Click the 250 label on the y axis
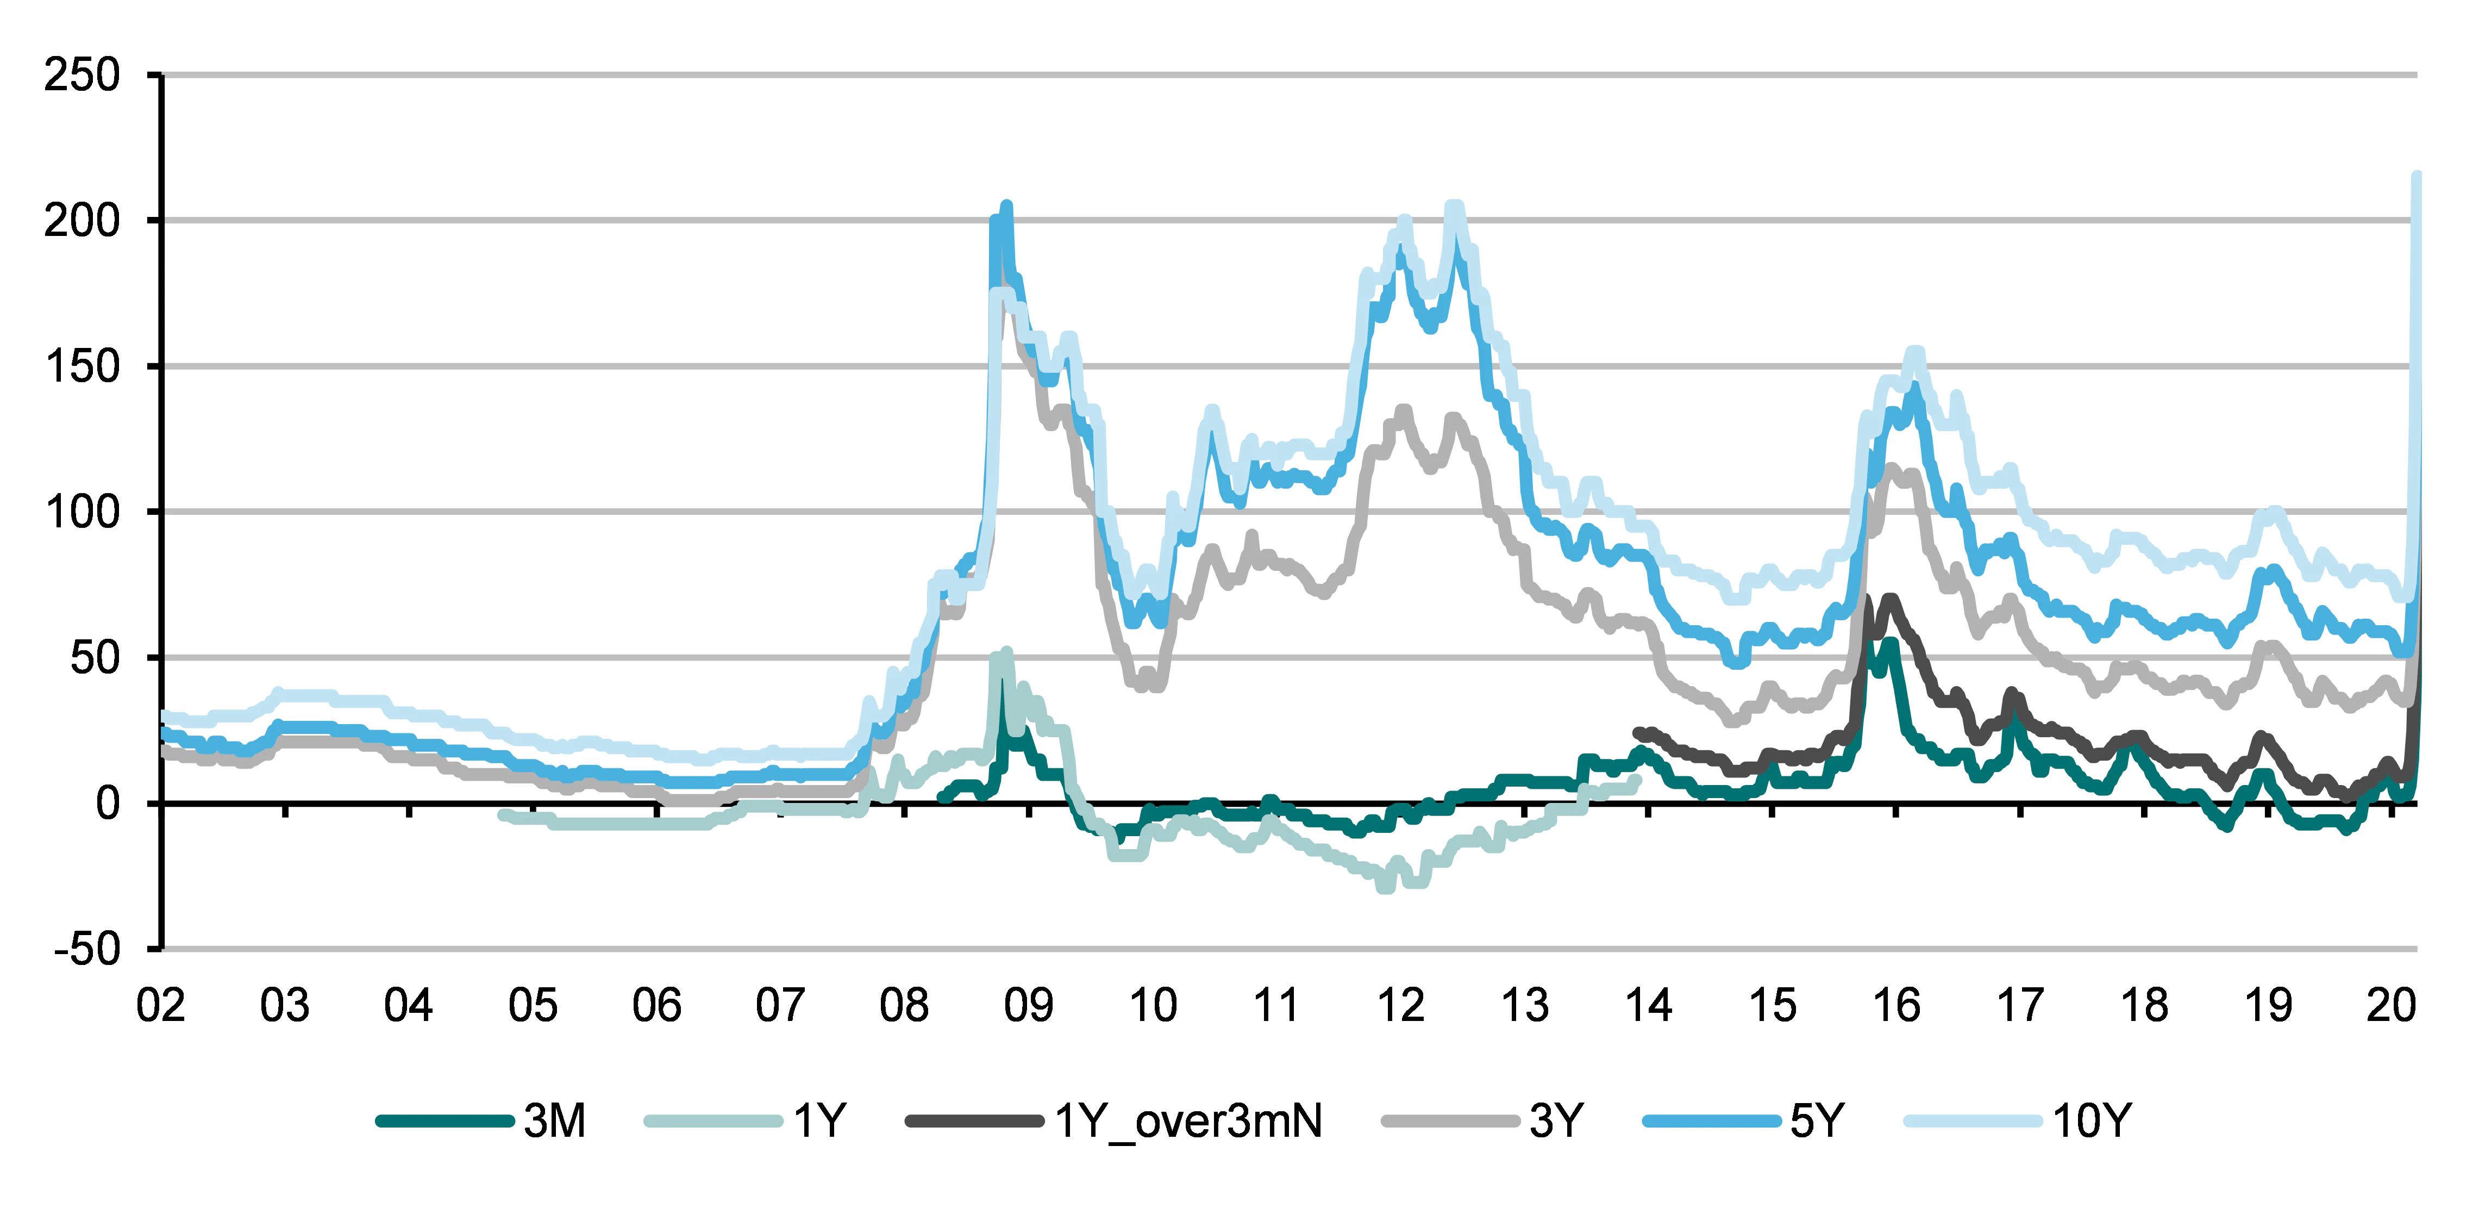(x=82, y=76)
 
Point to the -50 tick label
(x=87, y=949)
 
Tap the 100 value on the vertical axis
(x=82, y=512)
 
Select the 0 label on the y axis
(x=108, y=804)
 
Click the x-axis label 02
(x=160, y=1006)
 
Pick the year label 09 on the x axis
(x=1028, y=1006)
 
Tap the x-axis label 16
(x=1895, y=1006)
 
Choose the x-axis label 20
(x=2390, y=1006)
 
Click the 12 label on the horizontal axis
(x=1400, y=1006)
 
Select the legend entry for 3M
(x=554, y=1121)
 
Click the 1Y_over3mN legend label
(x=1187, y=1121)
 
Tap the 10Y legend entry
(x=2091, y=1121)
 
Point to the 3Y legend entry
(x=1556, y=1121)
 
